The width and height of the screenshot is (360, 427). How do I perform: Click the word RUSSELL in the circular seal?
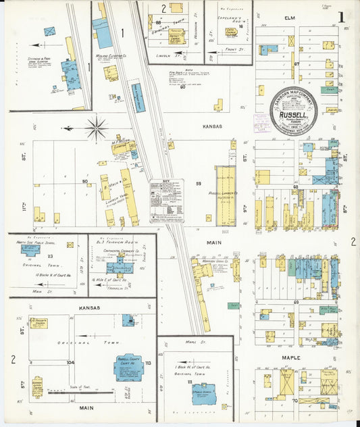pyautogui.click(x=294, y=116)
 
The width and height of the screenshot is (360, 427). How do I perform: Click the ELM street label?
pyautogui.click(x=290, y=18)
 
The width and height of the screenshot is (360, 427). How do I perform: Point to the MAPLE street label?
pyautogui.click(x=290, y=357)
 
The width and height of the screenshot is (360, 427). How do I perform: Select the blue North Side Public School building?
pyautogui.click(x=30, y=249)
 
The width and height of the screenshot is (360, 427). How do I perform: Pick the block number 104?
pyautogui.click(x=71, y=362)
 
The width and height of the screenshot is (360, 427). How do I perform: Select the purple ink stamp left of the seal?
pyautogui.click(x=260, y=122)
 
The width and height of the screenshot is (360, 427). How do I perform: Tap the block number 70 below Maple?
pyautogui.click(x=296, y=400)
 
